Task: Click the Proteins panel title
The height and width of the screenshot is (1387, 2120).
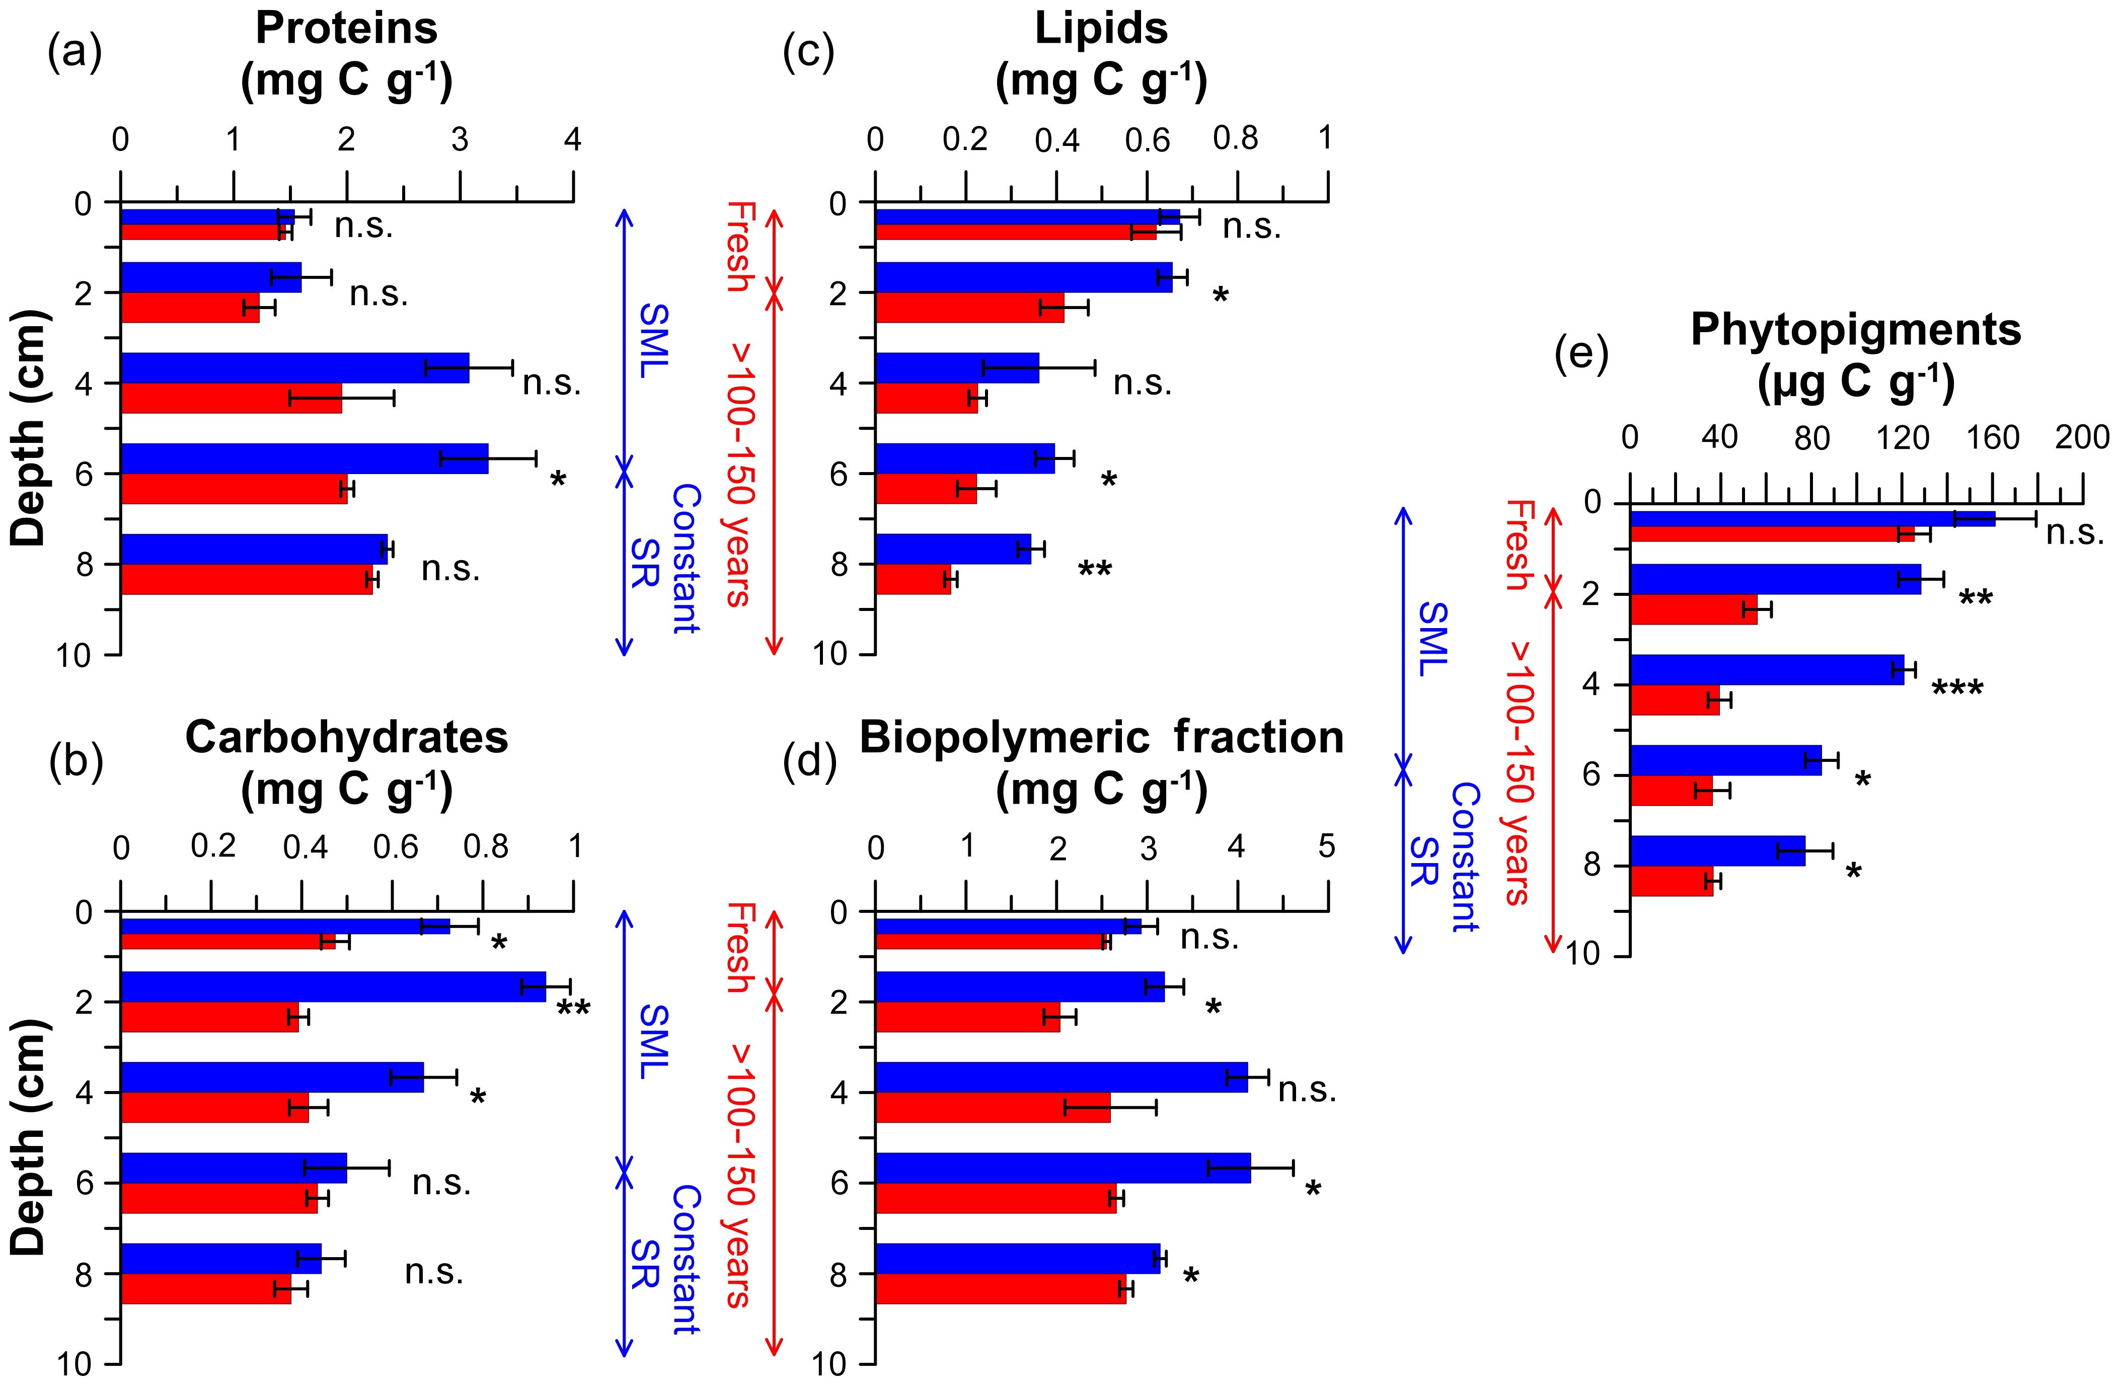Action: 346,29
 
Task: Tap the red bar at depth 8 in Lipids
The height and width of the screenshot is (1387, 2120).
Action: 913,579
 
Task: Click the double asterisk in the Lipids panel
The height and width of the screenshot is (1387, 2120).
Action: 1095,569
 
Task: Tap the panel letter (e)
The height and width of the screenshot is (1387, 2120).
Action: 1581,354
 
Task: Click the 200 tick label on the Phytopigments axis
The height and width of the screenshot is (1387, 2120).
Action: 2082,437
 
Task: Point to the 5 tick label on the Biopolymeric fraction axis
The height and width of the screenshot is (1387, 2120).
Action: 1326,846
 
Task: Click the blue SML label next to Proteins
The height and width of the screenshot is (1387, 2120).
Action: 654,341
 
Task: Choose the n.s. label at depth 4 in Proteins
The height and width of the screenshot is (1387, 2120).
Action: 551,383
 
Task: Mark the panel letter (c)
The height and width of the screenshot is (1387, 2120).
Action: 808,53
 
